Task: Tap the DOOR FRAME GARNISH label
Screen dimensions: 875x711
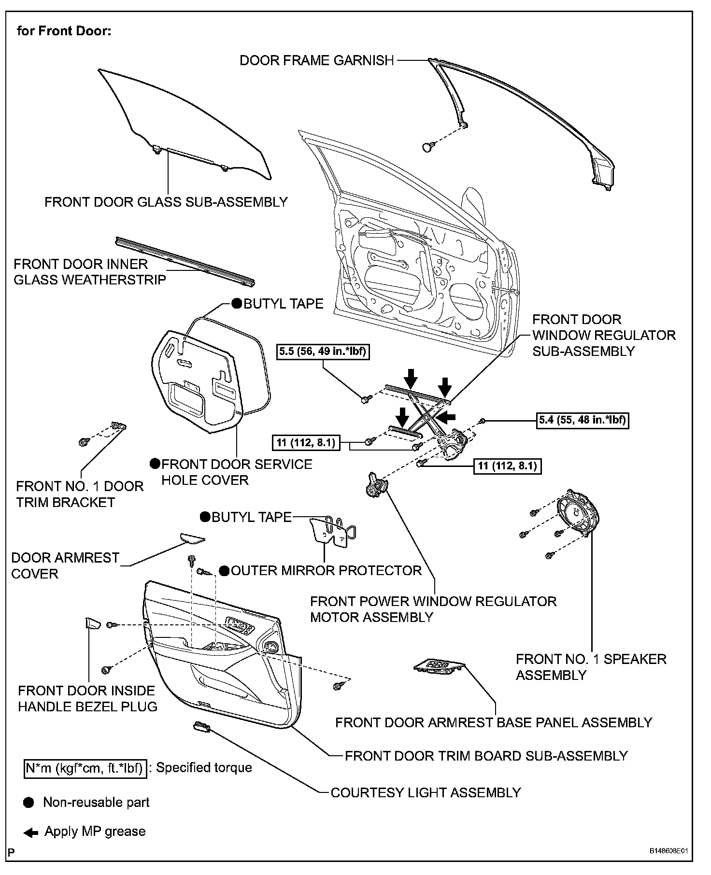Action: [317, 60]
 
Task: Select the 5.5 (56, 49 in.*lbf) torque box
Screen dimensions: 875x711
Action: [323, 351]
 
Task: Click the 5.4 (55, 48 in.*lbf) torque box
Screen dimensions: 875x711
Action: [583, 420]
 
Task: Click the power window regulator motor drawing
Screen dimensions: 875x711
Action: [376, 486]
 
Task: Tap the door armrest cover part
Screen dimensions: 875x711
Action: [192, 538]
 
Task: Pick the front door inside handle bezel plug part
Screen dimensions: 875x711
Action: [92, 623]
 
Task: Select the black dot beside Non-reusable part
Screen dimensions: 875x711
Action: [29, 803]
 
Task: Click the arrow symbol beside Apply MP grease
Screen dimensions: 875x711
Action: [30, 833]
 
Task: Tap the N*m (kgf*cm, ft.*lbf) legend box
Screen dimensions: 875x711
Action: [85, 768]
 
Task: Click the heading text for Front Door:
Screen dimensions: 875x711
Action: [64, 31]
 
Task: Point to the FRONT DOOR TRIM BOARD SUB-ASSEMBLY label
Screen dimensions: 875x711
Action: [486, 756]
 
